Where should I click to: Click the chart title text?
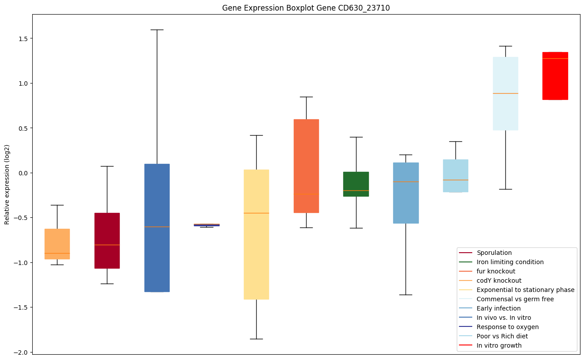306,8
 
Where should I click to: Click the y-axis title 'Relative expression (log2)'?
7,184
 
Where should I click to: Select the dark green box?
356,184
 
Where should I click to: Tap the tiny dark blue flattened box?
206,225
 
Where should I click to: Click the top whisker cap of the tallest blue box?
157,30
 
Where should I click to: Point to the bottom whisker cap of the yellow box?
256,339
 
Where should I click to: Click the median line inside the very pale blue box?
505,93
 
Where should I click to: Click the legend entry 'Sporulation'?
494,253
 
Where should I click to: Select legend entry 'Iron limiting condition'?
510,262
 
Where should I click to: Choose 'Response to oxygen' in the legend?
507,327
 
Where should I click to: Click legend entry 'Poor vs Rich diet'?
502,336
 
